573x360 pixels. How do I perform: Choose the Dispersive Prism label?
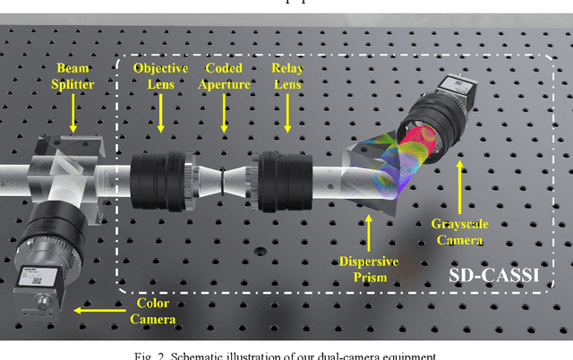(x=369, y=269)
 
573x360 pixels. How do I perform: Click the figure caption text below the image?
(x=286, y=354)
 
